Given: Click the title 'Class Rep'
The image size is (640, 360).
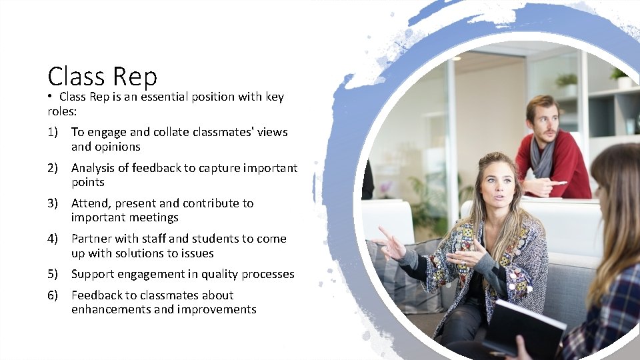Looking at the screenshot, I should tap(103, 76).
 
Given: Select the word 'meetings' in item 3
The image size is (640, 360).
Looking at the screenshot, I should tap(154, 217).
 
